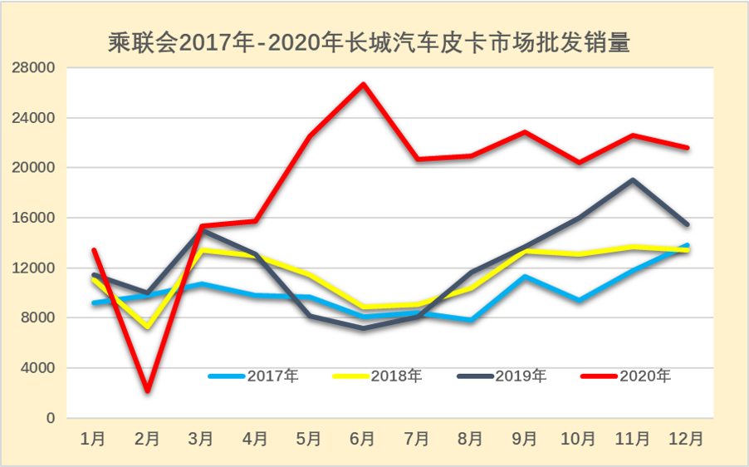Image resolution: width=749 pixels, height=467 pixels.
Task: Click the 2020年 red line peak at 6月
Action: tap(363, 84)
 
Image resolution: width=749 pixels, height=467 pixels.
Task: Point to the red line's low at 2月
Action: tap(147, 390)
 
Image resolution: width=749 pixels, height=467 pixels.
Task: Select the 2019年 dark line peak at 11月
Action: tap(634, 179)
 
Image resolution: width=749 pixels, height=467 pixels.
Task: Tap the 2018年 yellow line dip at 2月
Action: tap(147, 327)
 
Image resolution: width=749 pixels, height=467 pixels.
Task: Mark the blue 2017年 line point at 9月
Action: tap(525, 276)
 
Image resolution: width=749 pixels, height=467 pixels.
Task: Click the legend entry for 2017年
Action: tap(252, 376)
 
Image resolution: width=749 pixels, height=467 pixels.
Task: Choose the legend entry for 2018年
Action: tap(377, 376)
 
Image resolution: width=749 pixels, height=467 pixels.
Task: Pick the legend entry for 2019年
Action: tap(502, 376)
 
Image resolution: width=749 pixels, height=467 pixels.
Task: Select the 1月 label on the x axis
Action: tap(93, 438)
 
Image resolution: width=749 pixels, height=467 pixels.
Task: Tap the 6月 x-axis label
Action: tap(363, 438)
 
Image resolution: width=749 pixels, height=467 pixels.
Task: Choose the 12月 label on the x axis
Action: tap(687, 438)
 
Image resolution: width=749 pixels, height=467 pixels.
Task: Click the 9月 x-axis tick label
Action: tap(525, 438)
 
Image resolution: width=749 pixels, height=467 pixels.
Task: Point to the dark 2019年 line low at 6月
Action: tap(363, 328)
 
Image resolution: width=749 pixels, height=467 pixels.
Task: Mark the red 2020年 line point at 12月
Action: tap(687, 148)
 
